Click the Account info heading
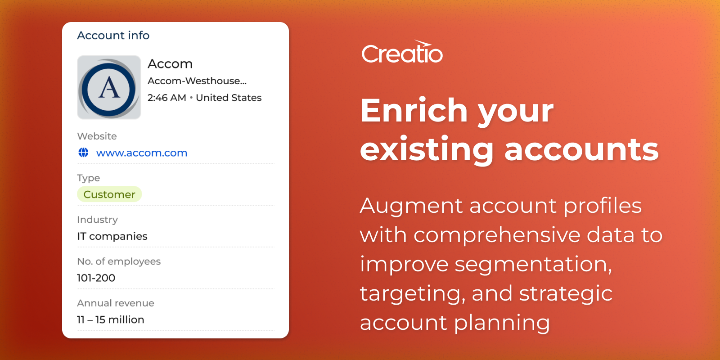113,36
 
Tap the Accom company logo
109,87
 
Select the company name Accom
170,64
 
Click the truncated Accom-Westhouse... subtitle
197,81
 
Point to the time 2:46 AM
167,98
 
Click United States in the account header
229,98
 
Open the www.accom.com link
141,153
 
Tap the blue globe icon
84,153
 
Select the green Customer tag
109,194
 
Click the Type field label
88,178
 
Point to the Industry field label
97,220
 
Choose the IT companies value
112,236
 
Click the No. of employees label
119,261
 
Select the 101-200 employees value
96,278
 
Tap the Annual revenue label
116,303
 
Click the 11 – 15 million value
111,320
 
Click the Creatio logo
402,51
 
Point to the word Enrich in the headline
414,111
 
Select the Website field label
97,136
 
